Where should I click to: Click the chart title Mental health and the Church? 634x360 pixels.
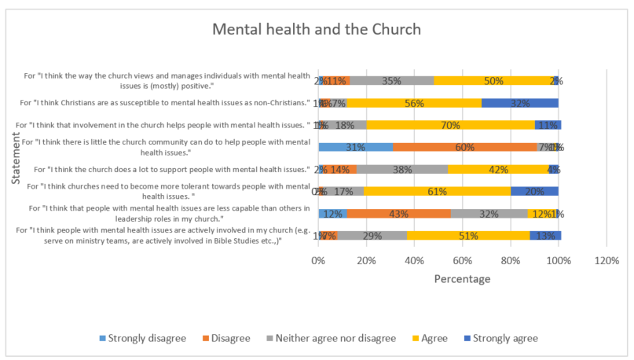coord(317,30)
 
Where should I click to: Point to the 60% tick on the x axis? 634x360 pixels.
coord(463,261)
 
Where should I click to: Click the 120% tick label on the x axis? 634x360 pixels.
coord(607,261)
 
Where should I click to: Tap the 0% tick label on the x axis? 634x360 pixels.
coord(318,261)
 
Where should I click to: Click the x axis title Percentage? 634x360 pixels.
coord(462,279)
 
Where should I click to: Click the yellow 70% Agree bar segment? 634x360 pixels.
coord(450,124)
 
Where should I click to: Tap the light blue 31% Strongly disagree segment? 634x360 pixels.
coord(355,147)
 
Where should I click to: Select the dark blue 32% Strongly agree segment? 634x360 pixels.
coord(519,102)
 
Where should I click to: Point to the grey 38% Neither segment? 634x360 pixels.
coord(401,169)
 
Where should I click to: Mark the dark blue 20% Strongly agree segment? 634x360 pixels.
coord(534,191)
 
